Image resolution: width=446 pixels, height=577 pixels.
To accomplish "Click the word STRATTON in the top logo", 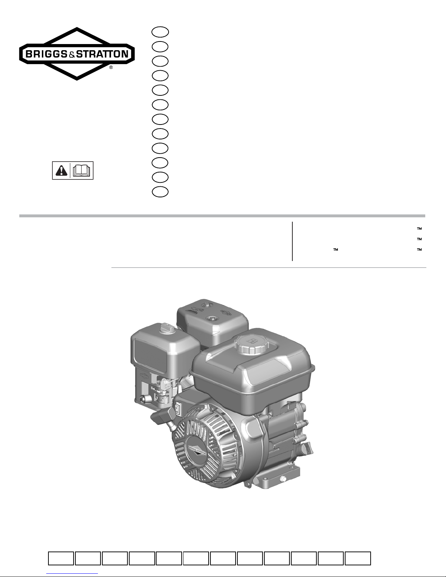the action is click(102, 54).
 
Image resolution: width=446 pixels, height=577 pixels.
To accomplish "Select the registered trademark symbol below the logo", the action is click(111, 67).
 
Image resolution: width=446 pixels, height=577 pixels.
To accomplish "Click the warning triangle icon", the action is click(61, 170).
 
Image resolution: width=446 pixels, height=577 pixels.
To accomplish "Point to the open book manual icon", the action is click(82, 170).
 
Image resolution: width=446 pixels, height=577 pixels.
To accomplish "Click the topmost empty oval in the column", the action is click(160, 32).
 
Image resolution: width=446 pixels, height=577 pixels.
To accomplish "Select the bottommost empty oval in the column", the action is click(160, 192).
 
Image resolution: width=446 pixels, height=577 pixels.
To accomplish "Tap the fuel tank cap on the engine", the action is click(251, 344).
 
